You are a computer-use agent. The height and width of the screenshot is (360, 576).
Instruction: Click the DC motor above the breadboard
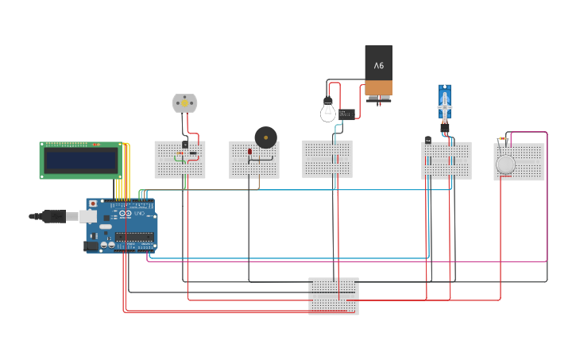point(184,103)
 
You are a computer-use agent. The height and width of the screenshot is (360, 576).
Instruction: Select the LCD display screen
point(81,161)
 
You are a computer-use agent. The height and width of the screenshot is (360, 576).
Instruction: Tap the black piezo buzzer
point(265,137)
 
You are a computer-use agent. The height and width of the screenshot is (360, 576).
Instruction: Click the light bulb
point(328,110)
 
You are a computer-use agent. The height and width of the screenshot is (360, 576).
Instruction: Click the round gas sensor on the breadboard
point(505,165)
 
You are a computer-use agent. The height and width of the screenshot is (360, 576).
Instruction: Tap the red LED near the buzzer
point(249,151)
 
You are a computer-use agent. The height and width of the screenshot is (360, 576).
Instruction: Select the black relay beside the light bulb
point(346,114)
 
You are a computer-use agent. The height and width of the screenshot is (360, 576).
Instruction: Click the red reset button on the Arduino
point(92,204)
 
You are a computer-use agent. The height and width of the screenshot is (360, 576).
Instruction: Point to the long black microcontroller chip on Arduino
point(133,237)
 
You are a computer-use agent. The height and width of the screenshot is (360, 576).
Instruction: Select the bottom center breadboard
point(333,296)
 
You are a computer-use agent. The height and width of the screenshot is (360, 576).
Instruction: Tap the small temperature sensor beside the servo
point(428,140)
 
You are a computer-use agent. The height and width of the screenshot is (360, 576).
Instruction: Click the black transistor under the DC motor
point(185,144)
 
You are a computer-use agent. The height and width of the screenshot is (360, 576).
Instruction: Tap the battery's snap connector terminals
point(378,98)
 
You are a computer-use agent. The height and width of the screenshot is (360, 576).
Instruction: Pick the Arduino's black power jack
point(91,246)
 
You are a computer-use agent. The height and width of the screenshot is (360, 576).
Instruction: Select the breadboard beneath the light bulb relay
point(327,159)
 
